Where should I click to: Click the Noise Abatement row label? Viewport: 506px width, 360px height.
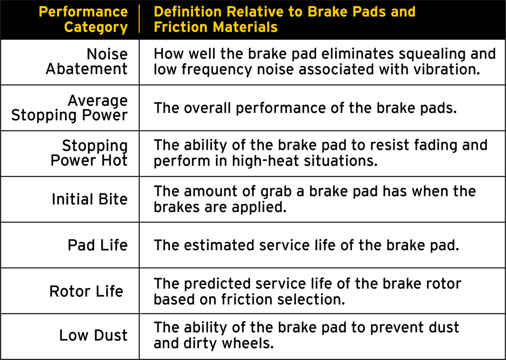click(x=87, y=61)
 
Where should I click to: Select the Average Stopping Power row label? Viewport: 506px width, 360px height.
click(x=69, y=107)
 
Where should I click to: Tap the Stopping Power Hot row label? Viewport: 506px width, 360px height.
click(x=89, y=153)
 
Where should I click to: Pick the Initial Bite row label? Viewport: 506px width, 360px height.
click(x=90, y=199)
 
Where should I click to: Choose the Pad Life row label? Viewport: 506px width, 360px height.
click(x=97, y=245)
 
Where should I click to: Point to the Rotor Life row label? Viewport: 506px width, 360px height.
click(x=86, y=291)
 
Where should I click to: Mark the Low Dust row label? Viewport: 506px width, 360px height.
click(x=93, y=335)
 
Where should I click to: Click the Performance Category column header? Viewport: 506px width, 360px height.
click(x=83, y=19)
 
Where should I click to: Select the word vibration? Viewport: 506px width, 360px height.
click(x=443, y=69)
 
